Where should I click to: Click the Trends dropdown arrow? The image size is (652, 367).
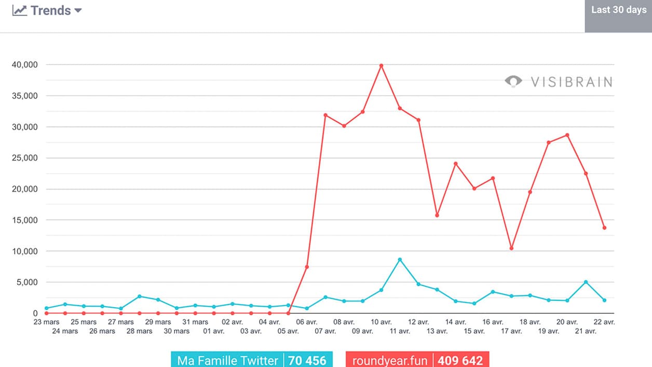(x=78, y=10)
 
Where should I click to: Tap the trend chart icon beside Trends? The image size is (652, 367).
(x=20, y=10)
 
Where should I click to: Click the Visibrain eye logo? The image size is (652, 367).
(x=513, y=81)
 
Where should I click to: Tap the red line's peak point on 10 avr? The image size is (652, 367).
(x=381, y=65)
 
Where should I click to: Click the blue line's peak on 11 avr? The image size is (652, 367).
(x=400, y=260)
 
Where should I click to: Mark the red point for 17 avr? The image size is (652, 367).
(x=511, y=248)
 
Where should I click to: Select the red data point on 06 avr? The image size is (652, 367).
(x=307, y=267)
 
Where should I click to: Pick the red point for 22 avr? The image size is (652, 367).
(x=604, y=228)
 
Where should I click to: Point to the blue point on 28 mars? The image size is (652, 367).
(x=140, y=296)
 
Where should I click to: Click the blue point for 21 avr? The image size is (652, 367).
(x=586, y=282)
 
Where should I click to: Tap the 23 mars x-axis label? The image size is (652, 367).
(x=46, y=322)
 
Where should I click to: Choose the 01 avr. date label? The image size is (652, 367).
(x=214, y=331)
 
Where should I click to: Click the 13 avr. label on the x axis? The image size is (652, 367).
(x=437, y=331)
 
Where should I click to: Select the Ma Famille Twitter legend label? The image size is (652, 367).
(x=227, y=360)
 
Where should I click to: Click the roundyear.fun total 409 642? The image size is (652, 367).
(x=460, y=360)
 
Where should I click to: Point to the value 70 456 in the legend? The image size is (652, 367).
(x=307, y=360)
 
